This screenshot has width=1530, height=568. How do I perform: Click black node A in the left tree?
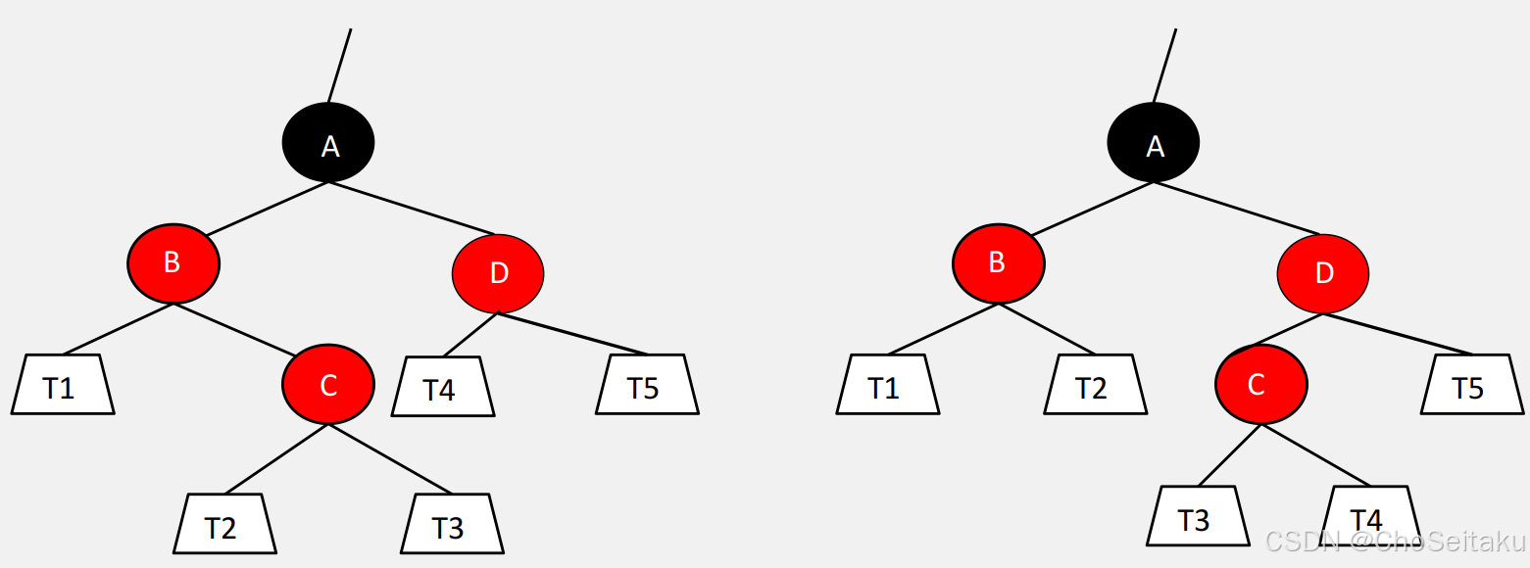[x=328, y=143]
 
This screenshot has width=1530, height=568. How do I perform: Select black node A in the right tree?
[x=1154, y=143]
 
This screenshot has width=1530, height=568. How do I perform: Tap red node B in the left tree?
[x=173, y=263]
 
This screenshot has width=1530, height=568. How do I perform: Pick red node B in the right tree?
[x=999, y=263]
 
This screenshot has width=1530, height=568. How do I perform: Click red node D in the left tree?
[x=498, y=274]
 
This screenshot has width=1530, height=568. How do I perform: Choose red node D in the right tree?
[x=1323, y=274]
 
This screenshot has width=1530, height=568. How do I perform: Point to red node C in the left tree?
[x=328, y=385]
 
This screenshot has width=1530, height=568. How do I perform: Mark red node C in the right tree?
[x=1260, y=385]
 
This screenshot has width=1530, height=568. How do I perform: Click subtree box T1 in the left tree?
[x=63, y=385]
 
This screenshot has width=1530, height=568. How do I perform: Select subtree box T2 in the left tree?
[x=224, y=524]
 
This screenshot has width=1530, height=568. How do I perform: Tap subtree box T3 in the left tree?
[x=452, y=524]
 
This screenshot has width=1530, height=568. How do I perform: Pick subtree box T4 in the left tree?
[x=442, y=387]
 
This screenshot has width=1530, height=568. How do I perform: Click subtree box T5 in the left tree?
[x=647, y=385]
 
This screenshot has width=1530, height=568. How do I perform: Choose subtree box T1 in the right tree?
[x=888, y=385]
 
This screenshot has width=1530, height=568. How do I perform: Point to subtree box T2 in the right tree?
[x=1095, y=385]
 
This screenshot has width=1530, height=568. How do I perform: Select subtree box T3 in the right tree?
[x=1198, y=516]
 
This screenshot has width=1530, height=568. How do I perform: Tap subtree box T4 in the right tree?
[x=1369, y=516]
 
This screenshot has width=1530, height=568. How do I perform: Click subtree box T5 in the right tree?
[x=1472, y=385]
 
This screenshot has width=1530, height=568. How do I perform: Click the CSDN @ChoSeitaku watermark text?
[x=1396, y=542]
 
